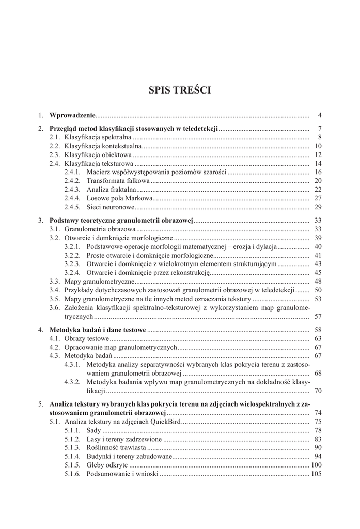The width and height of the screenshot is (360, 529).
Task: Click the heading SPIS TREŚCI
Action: [180, 90]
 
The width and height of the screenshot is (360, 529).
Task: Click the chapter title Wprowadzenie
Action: [72, 115]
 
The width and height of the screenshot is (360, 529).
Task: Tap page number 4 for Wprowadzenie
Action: [320, 115]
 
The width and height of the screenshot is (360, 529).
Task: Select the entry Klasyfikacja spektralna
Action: [98, 137]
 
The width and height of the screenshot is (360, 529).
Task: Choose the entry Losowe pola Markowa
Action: [119, 198]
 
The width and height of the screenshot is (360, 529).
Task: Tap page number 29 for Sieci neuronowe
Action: [318, 207]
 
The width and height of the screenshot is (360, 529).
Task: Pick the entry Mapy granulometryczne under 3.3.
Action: [99, 282]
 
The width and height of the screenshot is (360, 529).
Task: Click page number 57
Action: [318, 317]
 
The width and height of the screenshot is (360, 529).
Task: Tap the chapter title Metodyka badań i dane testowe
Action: [98, 330]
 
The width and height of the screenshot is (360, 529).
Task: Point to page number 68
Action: [318, 374]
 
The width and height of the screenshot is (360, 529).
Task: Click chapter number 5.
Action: [41, 404]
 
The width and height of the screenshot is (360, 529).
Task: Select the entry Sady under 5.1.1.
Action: [93, 430]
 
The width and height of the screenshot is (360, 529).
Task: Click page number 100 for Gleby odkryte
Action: [316, 465]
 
